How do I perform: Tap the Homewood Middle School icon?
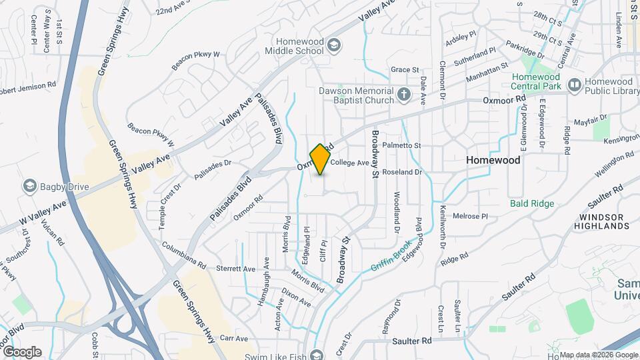[x=334, y=45]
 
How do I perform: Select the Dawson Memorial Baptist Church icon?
[x=403, y=95]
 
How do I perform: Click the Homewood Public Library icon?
[x=573, y=84]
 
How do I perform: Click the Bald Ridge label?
[x=532, y=203]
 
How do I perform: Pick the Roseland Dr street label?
[x=404, y=172]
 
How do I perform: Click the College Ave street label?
[x=349, y=163]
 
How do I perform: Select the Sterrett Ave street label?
[x=236, y=269]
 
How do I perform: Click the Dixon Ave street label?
[x=295, y=298]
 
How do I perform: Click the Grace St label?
[x=404, y=69]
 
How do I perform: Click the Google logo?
[x=22, y=352]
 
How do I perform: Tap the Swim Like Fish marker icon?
[x=318, y=354]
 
